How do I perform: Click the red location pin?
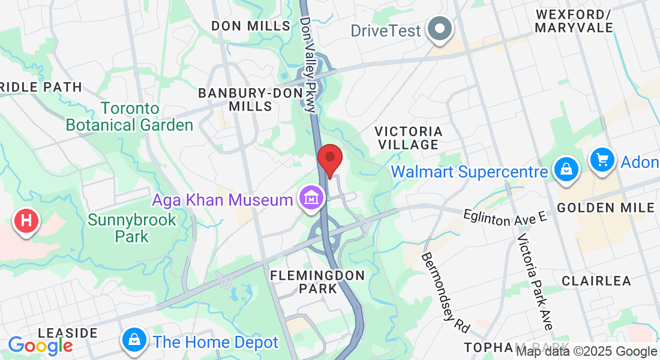(x=329, y=159)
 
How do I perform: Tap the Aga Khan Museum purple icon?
(x=312, y=197)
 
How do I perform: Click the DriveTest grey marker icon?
(x=440, y=28)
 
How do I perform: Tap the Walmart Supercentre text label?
(x=469, y=172)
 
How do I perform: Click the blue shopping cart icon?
(x=602, y=159)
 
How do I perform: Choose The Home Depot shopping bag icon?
(x=135, y=340)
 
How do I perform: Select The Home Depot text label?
(x=216, y=343)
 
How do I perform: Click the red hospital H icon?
(x=26, y=220)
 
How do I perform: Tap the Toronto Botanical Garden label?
(x=130, y=117)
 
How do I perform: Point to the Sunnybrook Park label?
(x=132, y=228)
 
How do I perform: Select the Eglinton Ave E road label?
(x=505, y=217)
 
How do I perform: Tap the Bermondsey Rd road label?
(x=445, y=292)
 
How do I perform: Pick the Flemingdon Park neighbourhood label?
(x=317, y=282)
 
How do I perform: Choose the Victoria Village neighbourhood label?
(x=408, y=137)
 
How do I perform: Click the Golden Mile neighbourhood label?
(x=605, y=208)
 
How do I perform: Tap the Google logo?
(x=40, y=345)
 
